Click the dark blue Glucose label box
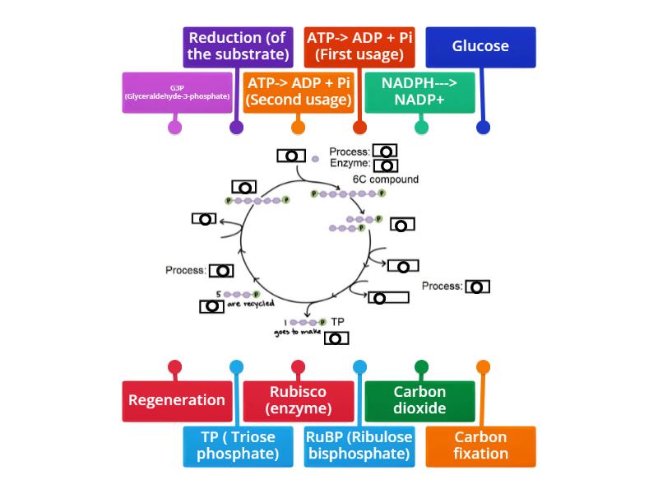480,47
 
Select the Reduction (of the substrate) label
238,47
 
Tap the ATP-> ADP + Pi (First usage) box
359,47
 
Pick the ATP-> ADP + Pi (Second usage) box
299,92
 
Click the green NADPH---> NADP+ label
419,92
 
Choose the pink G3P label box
177,92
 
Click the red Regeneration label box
177,400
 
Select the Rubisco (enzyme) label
299,400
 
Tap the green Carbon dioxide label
419,400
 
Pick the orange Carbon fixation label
480,445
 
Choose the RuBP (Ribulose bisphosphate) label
359,445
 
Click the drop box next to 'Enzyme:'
385,165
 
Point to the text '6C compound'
386,179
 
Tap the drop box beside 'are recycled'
211,306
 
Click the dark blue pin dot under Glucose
483,128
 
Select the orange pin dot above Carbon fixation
483,367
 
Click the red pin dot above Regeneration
174,367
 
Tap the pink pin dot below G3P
174,128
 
